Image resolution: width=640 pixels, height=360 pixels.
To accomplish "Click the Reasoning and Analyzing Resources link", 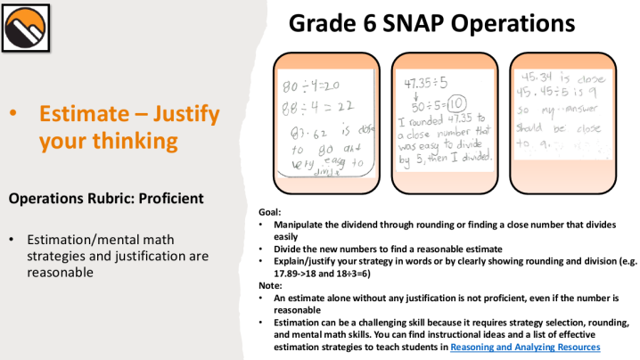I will (525, 346).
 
